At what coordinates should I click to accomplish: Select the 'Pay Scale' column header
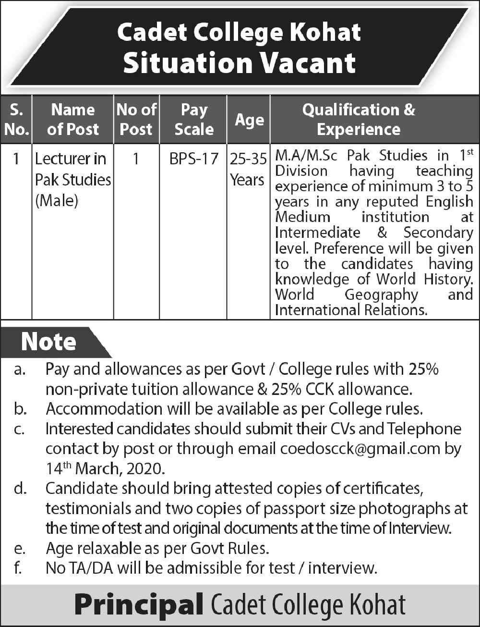pyautogui.click(x=194, y=120)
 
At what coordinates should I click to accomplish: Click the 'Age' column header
pyautogui.click(x=249, y=120)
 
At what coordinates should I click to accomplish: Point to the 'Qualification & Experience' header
pyautogui.click(x=359, y=120)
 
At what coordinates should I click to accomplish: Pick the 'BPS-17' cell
pyautogui.click(x=194, y=159)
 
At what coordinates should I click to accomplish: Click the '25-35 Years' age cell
pyautogui.click(x=248, y=169)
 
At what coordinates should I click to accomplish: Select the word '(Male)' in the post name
pyautogui.click(x=57, y=200)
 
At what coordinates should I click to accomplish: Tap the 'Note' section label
pyautogui.click(x=48, y=342)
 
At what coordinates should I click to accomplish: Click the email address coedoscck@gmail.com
pyautogui.click(x=360, y=449)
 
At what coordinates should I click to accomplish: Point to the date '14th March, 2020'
pyautogui.click(x=105, y=468)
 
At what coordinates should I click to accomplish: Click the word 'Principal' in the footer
pyautogui.click(x=138, y=605)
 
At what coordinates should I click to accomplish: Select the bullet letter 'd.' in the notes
pyautogui.click(x=20, y=489)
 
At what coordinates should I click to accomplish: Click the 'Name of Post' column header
pyautogui.click(x=73, y=120)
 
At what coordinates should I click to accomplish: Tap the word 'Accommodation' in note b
pyautogui.click(x=104, y=409)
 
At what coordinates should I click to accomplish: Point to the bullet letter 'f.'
pyautogui.click(x=18, y=568)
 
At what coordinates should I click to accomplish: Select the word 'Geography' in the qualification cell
pyautogui.click(x=382, y=295)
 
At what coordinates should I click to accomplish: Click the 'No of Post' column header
pyautogui.click(x=136, y=120)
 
